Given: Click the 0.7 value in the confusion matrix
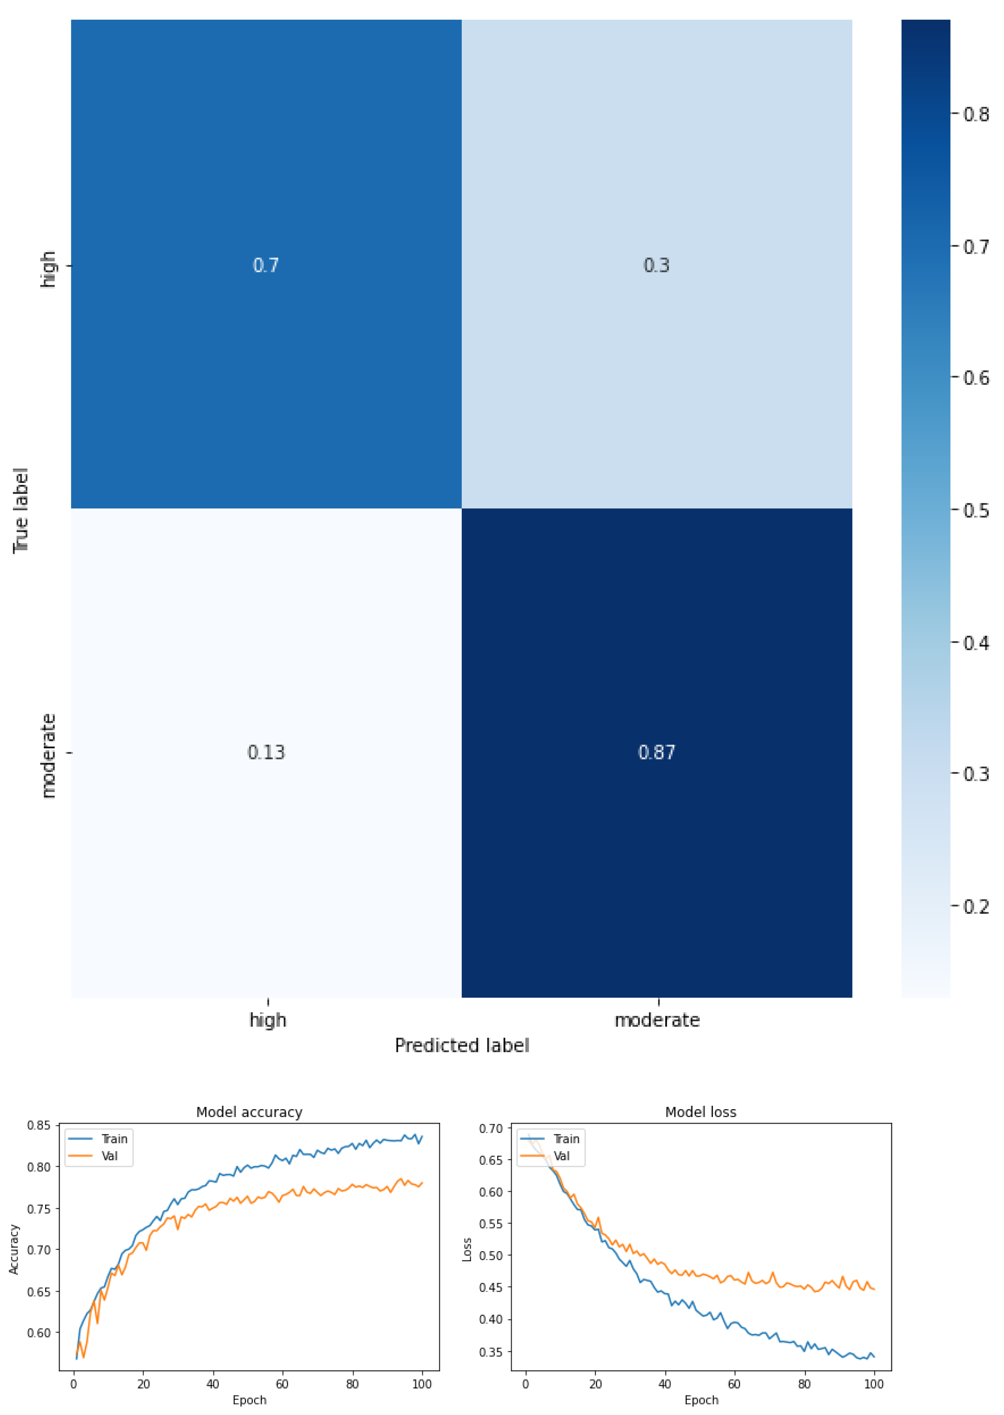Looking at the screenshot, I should pos(266,265).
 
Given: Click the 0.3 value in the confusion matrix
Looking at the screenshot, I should pos(656,265).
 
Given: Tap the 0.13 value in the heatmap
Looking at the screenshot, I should pos(266,752).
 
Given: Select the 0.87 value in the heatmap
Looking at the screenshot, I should pos(656,752).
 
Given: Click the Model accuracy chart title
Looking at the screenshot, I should pos(249,1112).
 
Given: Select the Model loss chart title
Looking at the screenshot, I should pos(701,1112).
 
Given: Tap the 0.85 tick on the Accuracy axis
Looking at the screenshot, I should pos(38,1125).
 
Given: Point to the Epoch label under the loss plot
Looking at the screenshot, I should pos(701,1400).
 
